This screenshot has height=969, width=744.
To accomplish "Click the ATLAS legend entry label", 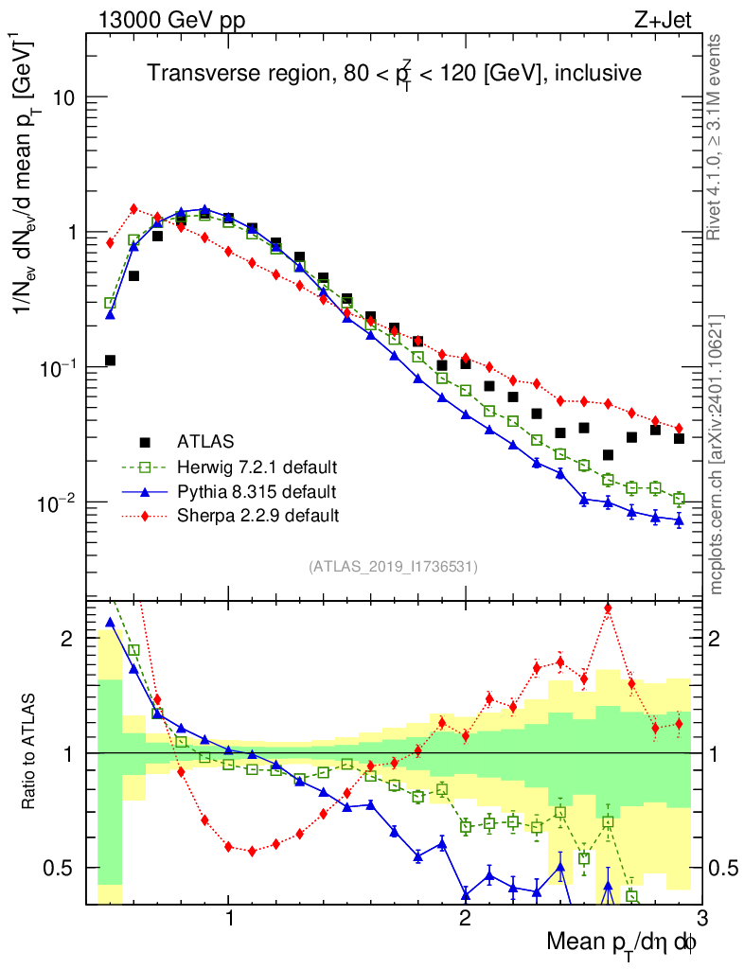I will point(205,441).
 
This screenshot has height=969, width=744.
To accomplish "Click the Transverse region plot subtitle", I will point(394,73).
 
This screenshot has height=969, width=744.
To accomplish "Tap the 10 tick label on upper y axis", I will point(62,97).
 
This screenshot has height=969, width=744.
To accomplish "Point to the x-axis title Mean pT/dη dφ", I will point(623,943).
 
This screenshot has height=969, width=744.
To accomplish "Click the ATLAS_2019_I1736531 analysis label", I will point(393,567).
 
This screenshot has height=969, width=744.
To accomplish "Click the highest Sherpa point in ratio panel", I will point(608,608).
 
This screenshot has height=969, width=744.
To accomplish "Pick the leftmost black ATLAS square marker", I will point(110,361).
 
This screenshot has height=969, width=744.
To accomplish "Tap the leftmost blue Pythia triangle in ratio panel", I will point(110,623).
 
